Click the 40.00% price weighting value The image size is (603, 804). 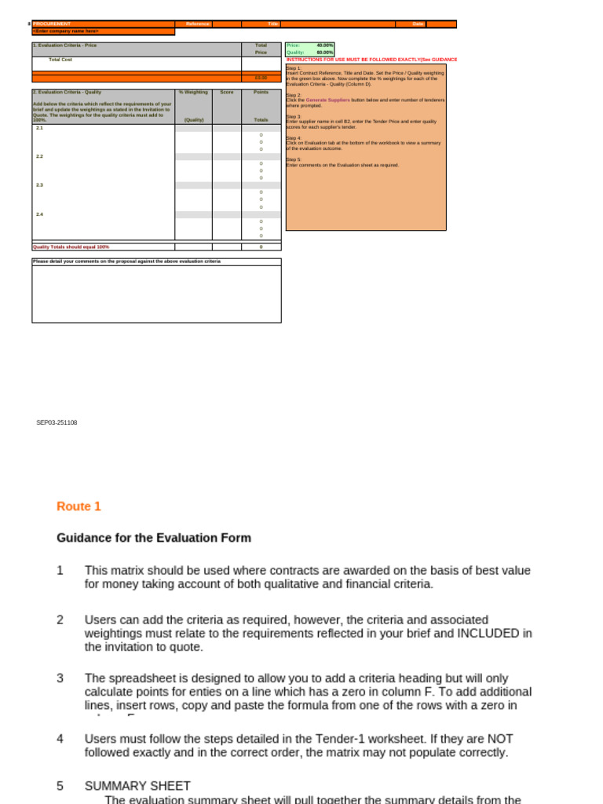pos(325,46)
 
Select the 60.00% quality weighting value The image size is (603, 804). pos(325,53)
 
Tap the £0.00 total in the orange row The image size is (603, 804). pos(261,78)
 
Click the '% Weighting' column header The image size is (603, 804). pos(193,92)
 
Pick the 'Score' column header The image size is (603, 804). pos(227,92)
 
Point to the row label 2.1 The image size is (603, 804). pos(40,127)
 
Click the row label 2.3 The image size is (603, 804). pos(40,185)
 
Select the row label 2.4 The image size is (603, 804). pos(40,214)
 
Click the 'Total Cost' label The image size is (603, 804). pos(60,60)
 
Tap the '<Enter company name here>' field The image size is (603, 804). pos(66,31)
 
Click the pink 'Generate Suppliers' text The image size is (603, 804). pos(328,100)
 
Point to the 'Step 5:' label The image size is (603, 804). pos(293,159)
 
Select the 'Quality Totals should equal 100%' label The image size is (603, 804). pos(71,247)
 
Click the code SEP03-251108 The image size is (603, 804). pos(57,422)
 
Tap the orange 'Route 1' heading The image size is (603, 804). pos(79,506)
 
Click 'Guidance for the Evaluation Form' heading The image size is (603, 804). pos(154,538)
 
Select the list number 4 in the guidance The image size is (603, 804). pos(60,739)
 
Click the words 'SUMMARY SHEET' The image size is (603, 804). pos(137,786)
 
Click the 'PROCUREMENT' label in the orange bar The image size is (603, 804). pos(52,24)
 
